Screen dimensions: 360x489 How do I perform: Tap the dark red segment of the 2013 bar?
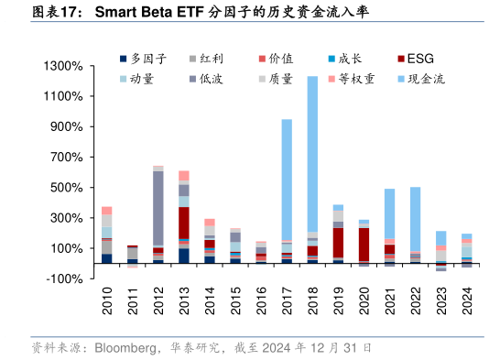tap(184, 223)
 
